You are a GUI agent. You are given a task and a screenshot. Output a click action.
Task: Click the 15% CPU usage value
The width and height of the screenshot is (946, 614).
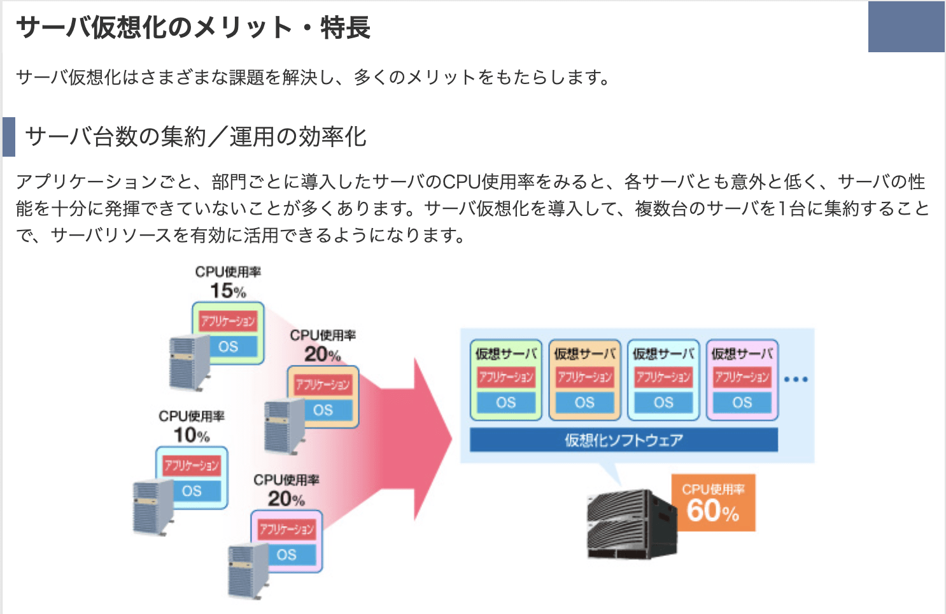[x=227, y=290]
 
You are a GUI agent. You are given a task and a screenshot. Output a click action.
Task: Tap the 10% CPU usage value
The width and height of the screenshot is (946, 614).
[x=191, y=435]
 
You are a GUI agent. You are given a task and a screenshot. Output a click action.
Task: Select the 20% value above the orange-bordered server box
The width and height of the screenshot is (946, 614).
[x=322, y=354]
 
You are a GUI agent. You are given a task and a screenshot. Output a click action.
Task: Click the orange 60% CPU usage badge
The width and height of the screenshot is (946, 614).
[x=713, y=503]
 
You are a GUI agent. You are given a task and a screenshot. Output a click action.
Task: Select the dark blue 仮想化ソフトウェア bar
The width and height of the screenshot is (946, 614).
[x=623, y=439]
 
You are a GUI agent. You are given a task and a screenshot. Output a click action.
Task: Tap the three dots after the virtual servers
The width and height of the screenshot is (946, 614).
[x=796, y=380]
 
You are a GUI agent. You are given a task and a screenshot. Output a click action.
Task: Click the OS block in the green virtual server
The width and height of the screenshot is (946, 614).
[x=506, y=403]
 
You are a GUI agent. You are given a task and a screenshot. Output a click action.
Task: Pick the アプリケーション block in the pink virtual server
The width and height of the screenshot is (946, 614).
[x=742, y=377]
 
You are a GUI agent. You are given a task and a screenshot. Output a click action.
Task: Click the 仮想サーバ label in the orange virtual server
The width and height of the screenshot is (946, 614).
[x=584, y=353]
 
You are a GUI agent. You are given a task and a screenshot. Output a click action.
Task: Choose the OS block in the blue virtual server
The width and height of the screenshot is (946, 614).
[x=663, y=403]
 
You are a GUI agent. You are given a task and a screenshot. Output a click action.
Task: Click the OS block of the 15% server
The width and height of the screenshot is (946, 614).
[x=228, y=346]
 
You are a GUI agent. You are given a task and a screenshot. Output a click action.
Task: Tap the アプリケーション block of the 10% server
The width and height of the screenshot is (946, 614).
[x=191, y=465]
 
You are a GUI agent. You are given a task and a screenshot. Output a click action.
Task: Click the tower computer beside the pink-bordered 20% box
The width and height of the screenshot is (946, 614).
[x=248, y=571]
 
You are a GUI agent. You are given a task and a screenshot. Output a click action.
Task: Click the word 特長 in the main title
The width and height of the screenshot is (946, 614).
[x=345, y=27]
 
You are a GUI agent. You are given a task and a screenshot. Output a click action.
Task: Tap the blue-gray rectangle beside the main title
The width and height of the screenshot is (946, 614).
[x=906, y=27]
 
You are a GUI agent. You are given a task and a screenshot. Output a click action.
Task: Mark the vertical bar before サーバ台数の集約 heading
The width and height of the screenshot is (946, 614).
[x=9, y=136]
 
